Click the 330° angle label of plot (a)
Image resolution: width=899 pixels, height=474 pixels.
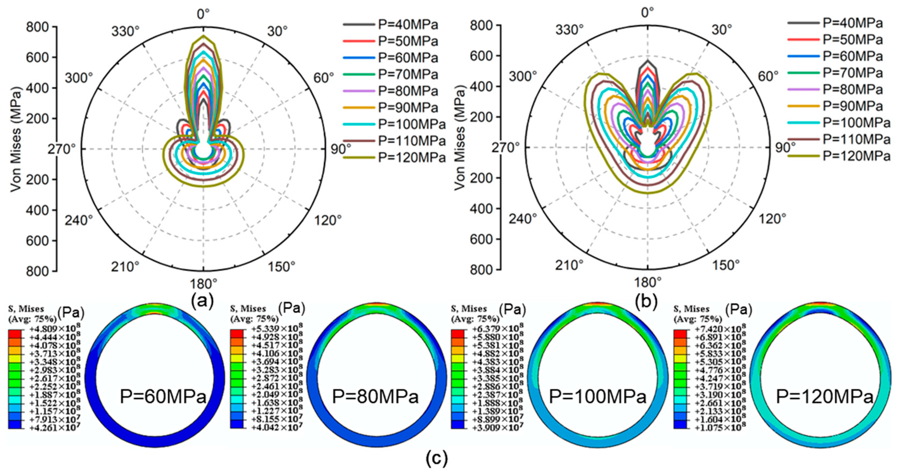pyautogui.click(x=125, y=31)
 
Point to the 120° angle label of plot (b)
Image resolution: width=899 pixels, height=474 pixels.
pyautogui.click(x=772, y=219)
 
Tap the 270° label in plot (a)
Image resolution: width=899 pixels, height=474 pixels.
pyautogui.click(x=62, y=150)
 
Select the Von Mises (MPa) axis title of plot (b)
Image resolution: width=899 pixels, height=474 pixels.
pyautogui.click(x=460, y=138)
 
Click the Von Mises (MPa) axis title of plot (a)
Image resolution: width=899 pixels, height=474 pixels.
pyautogui.click(x=16, y=139)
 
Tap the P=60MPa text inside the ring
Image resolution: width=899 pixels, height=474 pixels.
pyautogui.click(x=163, y=397)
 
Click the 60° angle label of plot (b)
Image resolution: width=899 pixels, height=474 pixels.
pyautogui.click(x=768, y=76)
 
